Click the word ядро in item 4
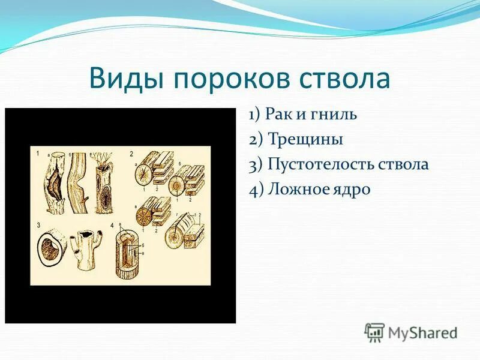tap(351, 190)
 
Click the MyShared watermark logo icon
tap(374, 331)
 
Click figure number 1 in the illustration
tap(37, 154)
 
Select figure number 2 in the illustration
tap(131, 154)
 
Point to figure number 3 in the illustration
tap(38, 226)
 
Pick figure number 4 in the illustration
tap(112, 226)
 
